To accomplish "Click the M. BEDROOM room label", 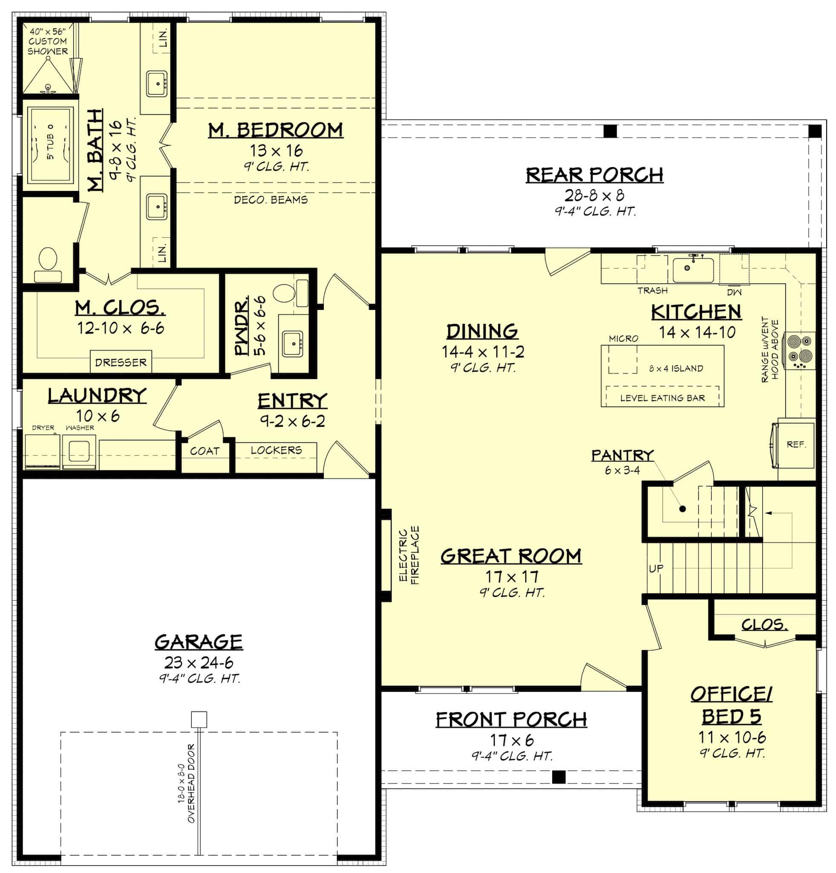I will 276,130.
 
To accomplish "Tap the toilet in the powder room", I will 283,294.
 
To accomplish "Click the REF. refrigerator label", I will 796,445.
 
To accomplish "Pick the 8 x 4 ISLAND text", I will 676,368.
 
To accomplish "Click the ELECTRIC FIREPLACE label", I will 409,555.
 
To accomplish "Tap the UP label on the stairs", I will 656,568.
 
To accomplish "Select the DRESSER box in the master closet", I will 121,362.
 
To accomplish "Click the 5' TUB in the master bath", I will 49,147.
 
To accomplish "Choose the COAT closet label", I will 205,451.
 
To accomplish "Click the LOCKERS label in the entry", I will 276,450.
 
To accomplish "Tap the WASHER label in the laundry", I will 80,428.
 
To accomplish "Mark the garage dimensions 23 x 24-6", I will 199,662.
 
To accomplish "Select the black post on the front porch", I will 558,777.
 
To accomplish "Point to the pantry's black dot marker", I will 682,509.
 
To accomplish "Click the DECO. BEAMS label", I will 271,199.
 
